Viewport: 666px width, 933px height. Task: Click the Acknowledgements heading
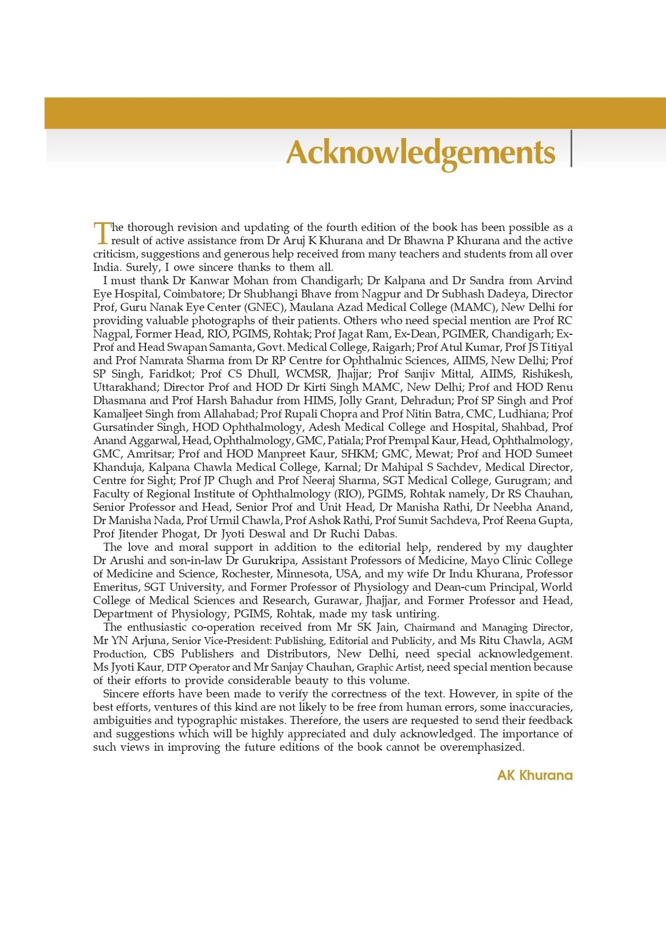pos(420,152)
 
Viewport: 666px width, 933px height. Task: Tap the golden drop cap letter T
pos(101,233)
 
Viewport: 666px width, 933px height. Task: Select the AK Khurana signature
pos(534,775)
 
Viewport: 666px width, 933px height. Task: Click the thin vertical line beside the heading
pos(571,148)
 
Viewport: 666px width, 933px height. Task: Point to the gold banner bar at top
pos(355,113)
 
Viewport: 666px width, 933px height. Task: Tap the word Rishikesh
pos(546,374)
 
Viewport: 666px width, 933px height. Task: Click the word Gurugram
pos(522,480)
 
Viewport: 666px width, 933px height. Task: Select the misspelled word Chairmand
pos(429,627)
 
